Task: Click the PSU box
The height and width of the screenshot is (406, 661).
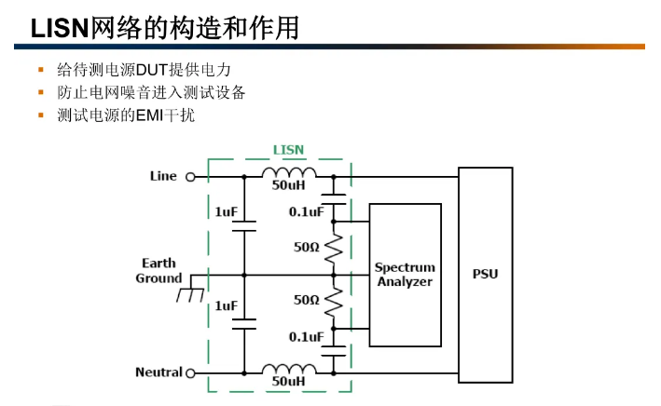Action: point(485,275)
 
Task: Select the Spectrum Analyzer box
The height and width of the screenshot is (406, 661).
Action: point(405,275)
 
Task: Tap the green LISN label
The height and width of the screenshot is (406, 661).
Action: point(287,149)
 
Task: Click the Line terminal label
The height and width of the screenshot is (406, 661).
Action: point(163,175)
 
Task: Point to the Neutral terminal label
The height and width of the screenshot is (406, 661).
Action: point(158,372)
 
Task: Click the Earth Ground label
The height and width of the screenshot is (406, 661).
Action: point(158,271)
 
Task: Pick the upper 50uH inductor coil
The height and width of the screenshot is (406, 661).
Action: point(288,173)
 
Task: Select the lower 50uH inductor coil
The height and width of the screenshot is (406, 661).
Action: point(288,370)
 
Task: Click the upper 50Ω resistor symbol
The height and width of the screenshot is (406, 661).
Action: point(334,248)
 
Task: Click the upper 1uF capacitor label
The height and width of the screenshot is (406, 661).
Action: point(226,212)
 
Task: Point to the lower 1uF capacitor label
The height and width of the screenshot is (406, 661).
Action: point(226,305)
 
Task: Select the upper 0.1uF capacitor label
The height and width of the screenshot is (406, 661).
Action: point(306,211)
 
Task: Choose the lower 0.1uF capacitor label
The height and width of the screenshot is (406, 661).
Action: point(306,336)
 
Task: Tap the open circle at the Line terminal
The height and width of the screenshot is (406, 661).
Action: point(190,176)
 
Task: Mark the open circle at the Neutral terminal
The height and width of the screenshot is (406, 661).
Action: point(191,373)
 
